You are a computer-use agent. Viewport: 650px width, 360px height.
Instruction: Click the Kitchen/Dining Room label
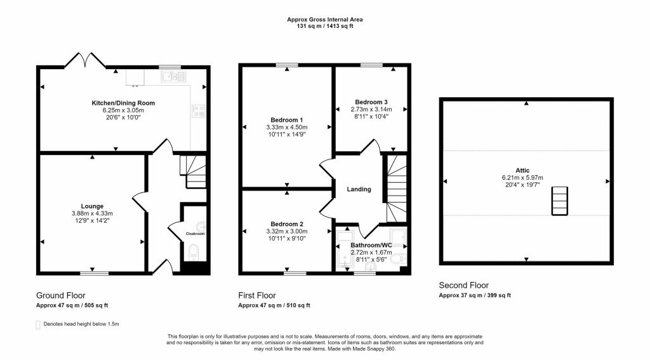pos(123,103)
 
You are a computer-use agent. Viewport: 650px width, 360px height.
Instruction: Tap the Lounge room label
pos(92,206)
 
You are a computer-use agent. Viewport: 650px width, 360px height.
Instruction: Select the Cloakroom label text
pos(195,234)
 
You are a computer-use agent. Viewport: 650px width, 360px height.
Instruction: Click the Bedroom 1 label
pos(287,120)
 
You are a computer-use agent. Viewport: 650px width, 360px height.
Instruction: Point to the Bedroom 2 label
pos(287,224)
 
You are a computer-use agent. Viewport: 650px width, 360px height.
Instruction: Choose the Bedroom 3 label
pos(371,102)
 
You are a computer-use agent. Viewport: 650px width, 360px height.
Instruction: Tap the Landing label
pos(359,189)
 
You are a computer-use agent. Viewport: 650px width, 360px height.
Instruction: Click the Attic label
pos(522,170)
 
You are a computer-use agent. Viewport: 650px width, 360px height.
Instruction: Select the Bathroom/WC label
pos(371,245)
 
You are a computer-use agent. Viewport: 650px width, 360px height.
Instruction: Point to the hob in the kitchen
pos(198,110)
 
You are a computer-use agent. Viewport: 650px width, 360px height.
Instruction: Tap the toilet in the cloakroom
pos(194,252)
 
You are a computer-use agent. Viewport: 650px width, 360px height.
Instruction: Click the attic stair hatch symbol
pos(559,201)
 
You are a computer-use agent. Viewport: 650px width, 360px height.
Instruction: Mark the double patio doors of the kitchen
pos(85,60)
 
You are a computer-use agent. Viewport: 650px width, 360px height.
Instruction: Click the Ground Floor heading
pos(60,295)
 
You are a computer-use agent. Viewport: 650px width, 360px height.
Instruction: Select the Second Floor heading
pos(464,285)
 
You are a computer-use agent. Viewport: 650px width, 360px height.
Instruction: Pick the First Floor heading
pos(257,295)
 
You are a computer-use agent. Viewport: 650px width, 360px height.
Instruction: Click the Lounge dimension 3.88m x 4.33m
pos(92,213)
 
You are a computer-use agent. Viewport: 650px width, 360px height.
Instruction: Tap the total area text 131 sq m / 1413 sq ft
pos(325,26)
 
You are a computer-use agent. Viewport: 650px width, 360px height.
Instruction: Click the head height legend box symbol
pos(38,324)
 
